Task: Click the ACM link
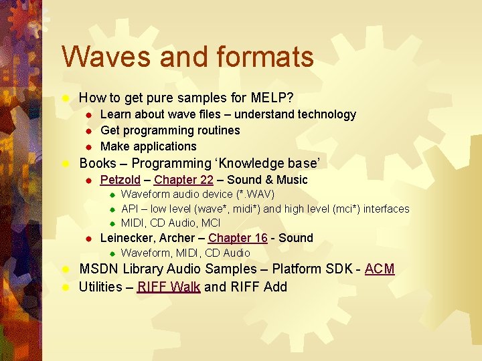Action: click(380, 269)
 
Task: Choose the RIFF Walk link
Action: click(168, 287)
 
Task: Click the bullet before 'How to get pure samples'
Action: click(66, 98)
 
